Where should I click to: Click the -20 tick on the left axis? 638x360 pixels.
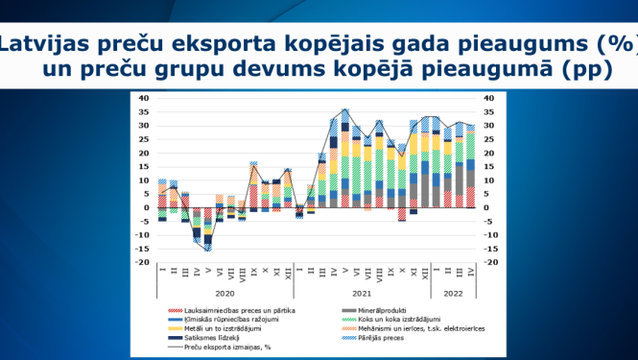coord(142,262)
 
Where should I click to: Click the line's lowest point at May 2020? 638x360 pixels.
coord(208,250)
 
